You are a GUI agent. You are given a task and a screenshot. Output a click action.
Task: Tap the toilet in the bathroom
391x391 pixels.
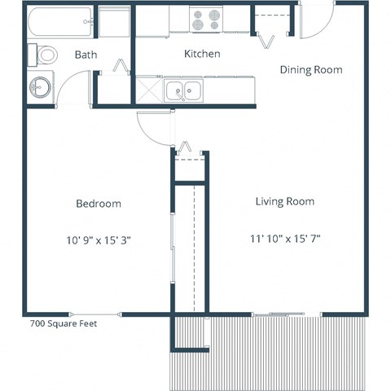pos(45,55)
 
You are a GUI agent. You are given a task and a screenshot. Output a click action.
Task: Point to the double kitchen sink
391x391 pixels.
pos(185,90)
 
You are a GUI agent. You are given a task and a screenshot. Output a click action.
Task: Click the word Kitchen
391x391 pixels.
pos(203,54)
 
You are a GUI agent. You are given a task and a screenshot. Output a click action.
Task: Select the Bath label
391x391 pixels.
pos(86,55)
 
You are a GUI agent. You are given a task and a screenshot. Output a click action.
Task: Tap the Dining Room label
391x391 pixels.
pos(310,70)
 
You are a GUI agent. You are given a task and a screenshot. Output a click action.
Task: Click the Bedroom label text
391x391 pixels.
pos(99,204)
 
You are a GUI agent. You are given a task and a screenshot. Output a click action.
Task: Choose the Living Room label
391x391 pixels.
pos(284,201)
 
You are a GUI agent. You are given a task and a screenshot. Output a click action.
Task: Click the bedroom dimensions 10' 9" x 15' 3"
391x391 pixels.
pos(99,239)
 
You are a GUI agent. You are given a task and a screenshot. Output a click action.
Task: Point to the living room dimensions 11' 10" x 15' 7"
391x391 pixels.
pos(284,239)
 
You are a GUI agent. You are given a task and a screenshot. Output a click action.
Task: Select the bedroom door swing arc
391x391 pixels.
pos(153,129)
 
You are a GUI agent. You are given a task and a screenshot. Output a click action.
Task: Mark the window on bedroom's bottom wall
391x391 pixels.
pos(96,314)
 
